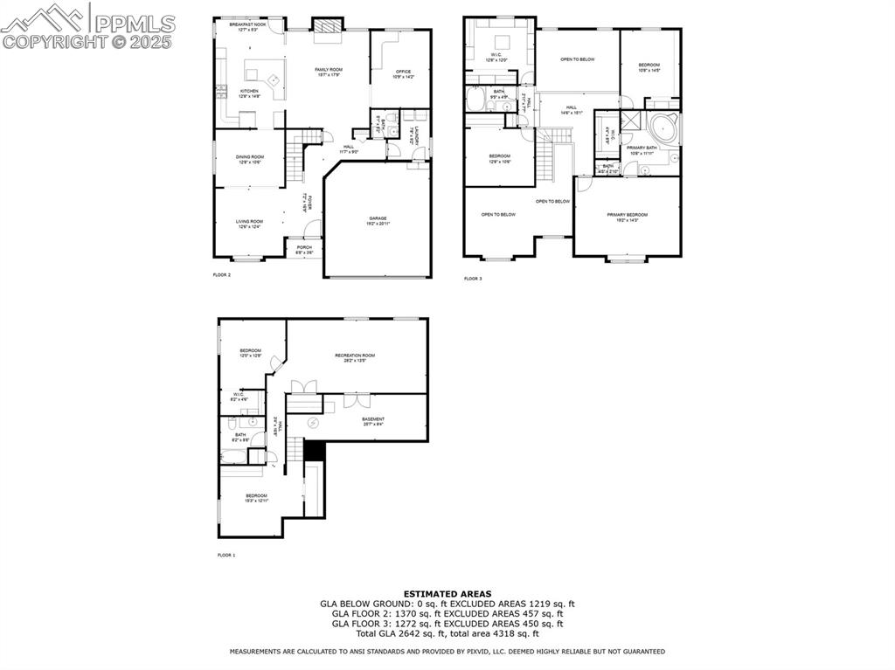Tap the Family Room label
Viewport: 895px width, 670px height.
pyautogui.click(x=329, y=72)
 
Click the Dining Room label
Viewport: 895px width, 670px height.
pyautogui.click(x=250, y=159)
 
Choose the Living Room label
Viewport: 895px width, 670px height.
pyautogui.click(x=249, y=224)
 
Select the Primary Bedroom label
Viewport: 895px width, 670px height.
pyautogui.click(x=628, y=217)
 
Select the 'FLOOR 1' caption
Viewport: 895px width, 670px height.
pyautogui.click(x=226, y=555)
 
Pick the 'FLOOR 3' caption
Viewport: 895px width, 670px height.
pyautogui.click(x=473, y=279)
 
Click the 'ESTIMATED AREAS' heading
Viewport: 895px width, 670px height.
pyautogui.click(x=447, y=593)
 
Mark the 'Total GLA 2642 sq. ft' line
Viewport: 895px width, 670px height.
pyautogui.click(x=447, y=632)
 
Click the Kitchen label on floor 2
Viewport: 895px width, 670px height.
pyautogui.click(x=250, y=93)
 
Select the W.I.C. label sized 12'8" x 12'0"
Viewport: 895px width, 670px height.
pyautogui.click(x=496, y=58)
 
